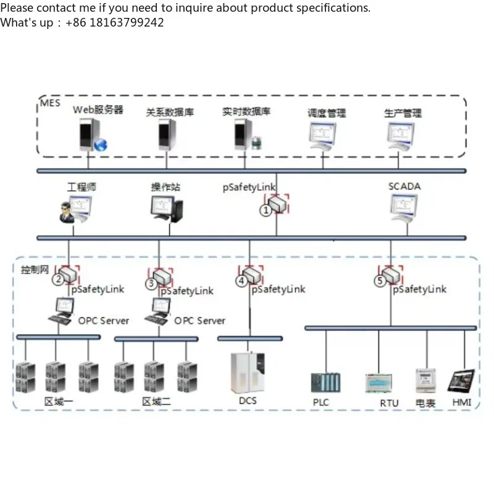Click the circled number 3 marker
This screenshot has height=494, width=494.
click(x=151, y=284)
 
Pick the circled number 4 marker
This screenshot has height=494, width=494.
click(x=241, y=282)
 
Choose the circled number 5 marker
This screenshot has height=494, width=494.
click(x=380, y=281)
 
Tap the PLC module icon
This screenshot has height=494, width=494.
click(x=325, y=383)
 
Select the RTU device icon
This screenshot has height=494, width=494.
click(x=379, y=383)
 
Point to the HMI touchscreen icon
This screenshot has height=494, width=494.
click(x=461, y=382)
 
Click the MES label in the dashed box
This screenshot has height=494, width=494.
click(x=51, y=103)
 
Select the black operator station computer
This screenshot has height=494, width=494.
click(x=167, y=209)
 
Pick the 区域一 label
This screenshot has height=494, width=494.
click(x=58, y=402)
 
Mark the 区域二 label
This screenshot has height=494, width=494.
click(x=156, y=402)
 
